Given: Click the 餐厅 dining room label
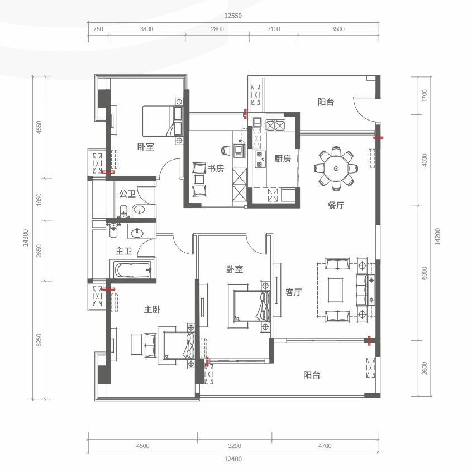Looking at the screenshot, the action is coord(336,206).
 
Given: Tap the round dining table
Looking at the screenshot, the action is coord(336,168).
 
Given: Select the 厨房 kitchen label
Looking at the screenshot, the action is coord(283,158).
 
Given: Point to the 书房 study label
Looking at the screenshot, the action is coord(216,168).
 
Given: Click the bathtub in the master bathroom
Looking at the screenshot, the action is coord(132,270).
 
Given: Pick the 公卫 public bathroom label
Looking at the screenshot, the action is coord(127,194).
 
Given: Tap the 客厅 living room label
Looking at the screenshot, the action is coord(294,292).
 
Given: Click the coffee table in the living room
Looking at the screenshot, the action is coord(336,290).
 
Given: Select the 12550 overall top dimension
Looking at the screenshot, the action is coord(233,16).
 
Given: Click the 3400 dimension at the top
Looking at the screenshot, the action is coord(146,29).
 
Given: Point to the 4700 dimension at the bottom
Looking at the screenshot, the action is coord(325,446).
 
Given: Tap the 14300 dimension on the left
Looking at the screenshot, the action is coord(26,238).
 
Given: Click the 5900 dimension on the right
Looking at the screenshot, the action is coord(425,273).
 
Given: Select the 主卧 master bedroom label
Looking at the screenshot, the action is coord(152,310).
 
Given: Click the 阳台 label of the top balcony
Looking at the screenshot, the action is coord(326,102).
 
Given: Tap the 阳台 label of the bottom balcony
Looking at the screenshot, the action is coord(312,375).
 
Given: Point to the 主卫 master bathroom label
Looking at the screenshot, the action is coord(124,251).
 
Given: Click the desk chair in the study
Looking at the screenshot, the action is coord(226,150).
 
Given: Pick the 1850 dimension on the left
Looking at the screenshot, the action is coord(39,200).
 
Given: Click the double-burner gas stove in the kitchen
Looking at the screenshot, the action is coord(275,125).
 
